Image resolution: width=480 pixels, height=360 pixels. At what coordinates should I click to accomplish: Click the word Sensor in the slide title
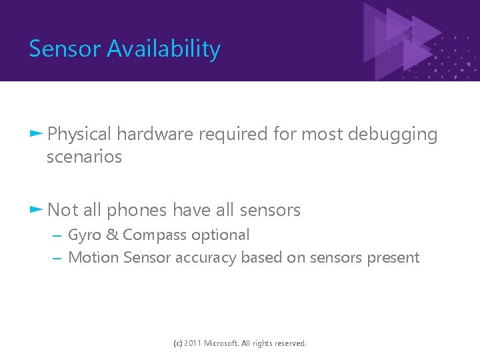click(65, 49)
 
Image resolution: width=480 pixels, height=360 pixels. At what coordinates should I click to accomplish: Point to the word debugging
click(389, 135)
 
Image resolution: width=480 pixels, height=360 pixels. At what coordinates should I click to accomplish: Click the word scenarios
click(85, 157)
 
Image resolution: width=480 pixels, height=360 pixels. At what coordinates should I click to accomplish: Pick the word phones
click(137, 210)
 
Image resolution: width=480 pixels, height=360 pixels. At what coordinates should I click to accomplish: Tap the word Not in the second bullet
click(63, 210)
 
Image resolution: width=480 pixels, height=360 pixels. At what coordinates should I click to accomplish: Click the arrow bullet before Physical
click(36, 134)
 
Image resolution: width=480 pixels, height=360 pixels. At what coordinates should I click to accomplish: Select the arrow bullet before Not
click(36, 209)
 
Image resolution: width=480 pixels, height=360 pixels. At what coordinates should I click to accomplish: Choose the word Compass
click(153, 235)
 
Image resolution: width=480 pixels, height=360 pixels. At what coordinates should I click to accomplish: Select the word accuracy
click(206, 258)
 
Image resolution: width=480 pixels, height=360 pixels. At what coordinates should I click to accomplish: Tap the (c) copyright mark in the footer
click(177, 343)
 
